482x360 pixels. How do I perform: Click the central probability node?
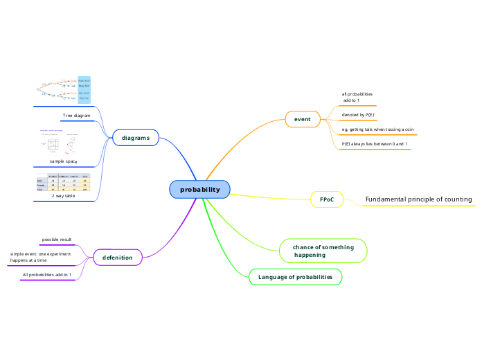coord(199,190)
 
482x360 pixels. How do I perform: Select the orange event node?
coord(303,119)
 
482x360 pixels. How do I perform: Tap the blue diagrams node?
coord(136,138)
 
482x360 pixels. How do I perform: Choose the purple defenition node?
coord(118,258)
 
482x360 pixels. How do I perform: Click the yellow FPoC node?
coord(326,199)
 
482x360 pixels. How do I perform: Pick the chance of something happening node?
coord(323,251)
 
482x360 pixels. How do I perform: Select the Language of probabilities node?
coord(295,277)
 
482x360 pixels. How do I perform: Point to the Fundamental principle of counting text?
coord(418,199)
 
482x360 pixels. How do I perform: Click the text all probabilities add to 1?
coord(357,97)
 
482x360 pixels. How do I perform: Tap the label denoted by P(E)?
coord(359,114)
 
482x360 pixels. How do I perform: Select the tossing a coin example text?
coord(379,129)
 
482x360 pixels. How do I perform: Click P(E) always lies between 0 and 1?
coord(374,144)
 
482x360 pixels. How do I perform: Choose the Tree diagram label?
coord(77,115)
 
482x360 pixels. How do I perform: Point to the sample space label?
coord(63,161)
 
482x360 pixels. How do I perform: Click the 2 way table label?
coord(63,196)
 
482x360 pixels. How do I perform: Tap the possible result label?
coord(57,240)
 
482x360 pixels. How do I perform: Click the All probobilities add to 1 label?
coord(47,275)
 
